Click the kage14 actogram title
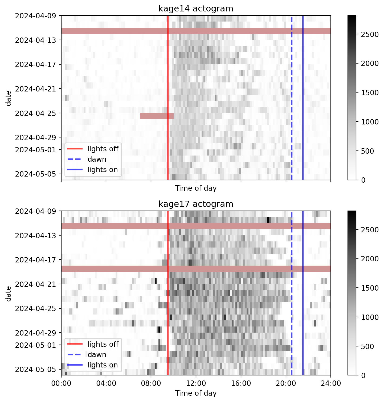tap(196, 9)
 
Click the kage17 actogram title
tap(196, 204)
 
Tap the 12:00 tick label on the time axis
tap(196, 384)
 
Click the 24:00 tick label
tap(330, 384)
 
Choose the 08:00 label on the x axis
tap(151, 384)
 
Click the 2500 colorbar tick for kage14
tap(370, 34)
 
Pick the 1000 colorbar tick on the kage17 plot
tap(370, 317)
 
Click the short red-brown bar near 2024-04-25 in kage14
tap(157, 116)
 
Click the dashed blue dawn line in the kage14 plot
tap(292, 80)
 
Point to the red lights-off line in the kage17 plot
tap(168, 319)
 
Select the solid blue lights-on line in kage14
tap(303, 80)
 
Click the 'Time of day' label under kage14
tap(196, 188)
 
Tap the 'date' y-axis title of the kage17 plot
tap(9, 293)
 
